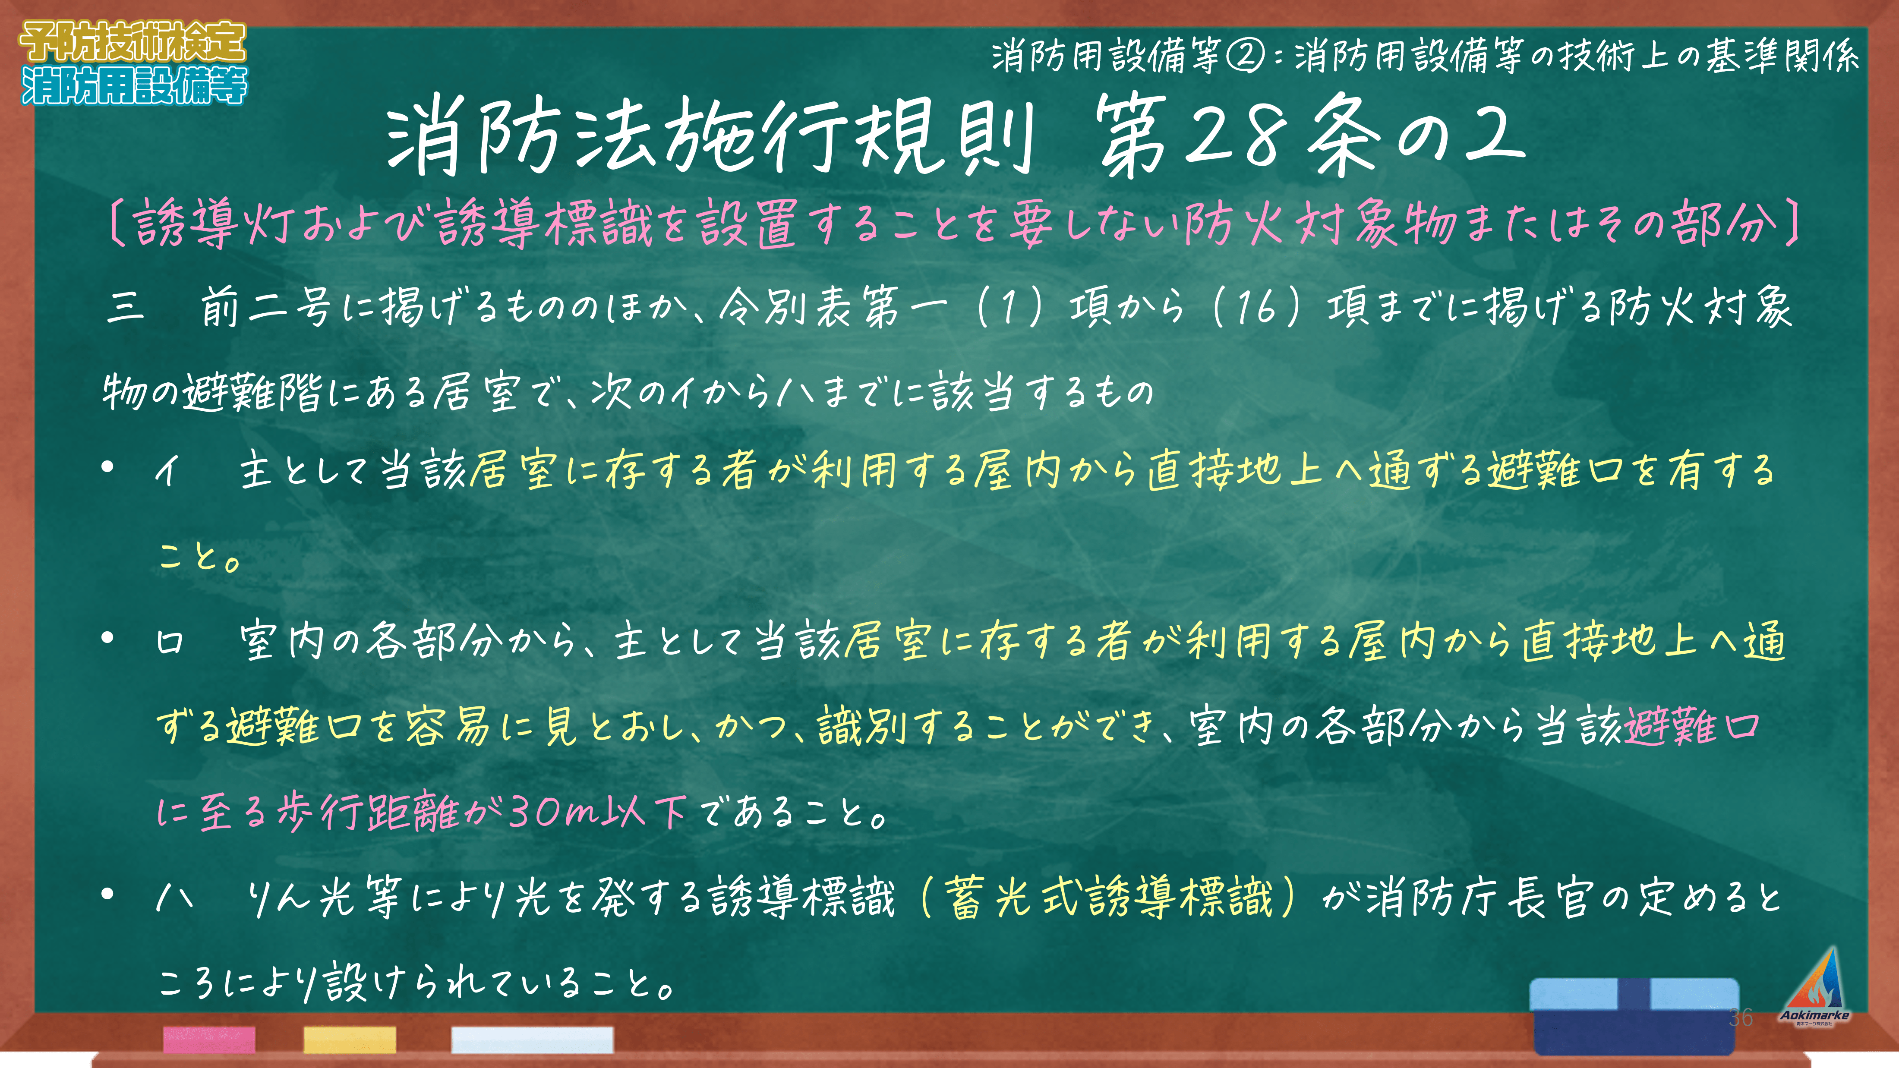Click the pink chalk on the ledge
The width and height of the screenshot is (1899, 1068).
coord(209,1039)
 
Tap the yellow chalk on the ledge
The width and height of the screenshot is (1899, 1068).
coord(350,1039)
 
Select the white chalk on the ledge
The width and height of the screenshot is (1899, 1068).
coord(532,1039)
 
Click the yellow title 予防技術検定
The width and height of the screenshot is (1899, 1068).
coord(132,41)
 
